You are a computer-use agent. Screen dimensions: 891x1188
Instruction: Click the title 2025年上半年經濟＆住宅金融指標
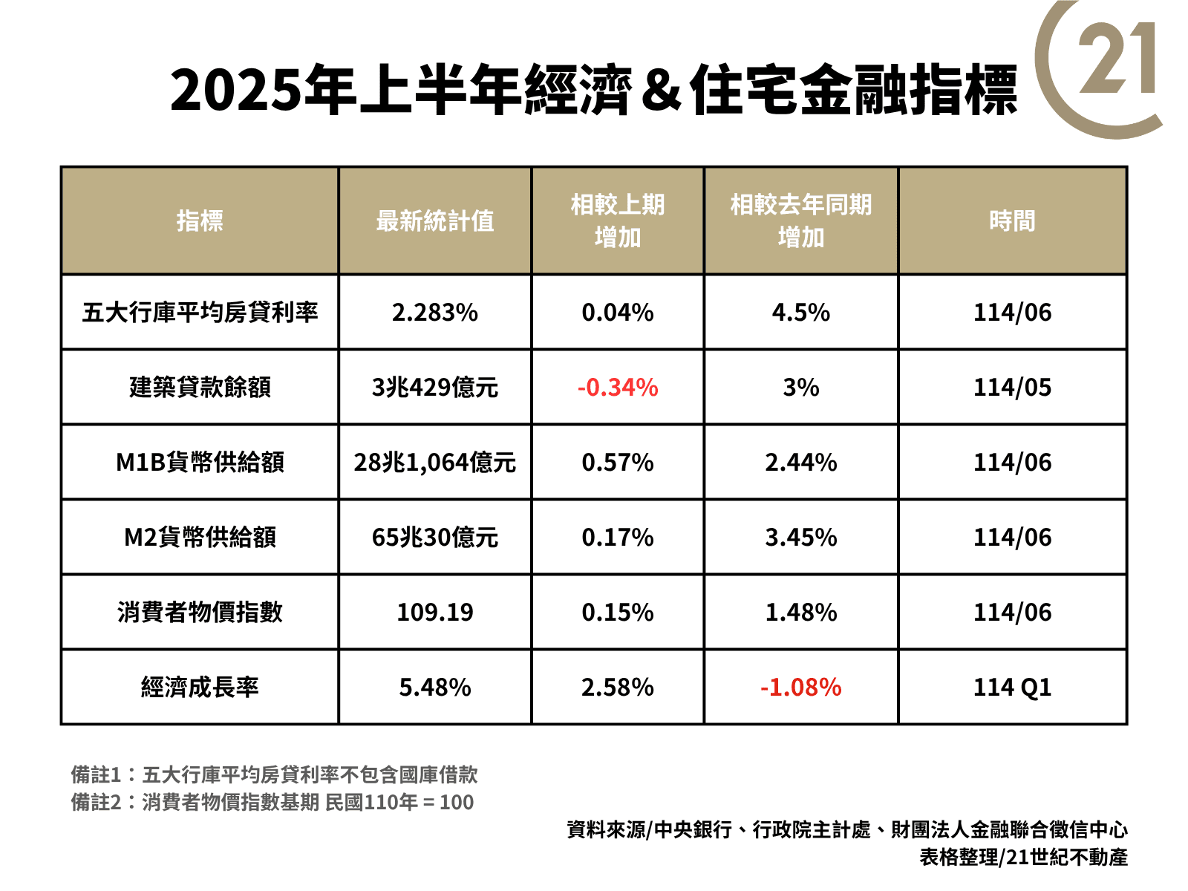(593, 90)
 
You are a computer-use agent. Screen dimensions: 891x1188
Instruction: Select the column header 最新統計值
(435, 221)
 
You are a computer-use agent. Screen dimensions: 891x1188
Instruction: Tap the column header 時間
(1012, 221)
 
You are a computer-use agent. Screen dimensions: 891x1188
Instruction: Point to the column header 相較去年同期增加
(801, 221)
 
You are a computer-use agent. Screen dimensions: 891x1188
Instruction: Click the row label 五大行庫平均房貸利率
(200, 313)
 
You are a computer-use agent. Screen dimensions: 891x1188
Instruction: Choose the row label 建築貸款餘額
(200, 388)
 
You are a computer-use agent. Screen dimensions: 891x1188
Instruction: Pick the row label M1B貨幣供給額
(200, 463)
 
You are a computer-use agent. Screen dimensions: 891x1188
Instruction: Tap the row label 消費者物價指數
(200, 613)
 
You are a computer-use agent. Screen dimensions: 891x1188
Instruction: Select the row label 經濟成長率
(200, 688)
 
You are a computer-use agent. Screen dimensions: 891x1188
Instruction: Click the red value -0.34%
(618, 388)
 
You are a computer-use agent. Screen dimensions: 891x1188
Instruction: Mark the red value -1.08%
(801, 688)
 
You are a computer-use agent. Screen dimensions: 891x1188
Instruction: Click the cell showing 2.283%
(435, 313)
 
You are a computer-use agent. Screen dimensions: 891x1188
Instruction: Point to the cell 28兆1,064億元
(435, 463)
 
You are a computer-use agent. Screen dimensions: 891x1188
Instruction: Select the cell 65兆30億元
(435, 538)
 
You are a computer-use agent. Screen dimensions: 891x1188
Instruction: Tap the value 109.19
(435, 613)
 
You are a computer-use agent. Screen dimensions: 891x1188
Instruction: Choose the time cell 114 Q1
(1012, 688)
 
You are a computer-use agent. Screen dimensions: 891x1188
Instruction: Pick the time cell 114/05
(1012, 388)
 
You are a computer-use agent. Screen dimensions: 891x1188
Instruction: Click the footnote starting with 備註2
(272, 803)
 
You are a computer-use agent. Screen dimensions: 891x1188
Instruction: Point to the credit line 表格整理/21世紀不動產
(1023, 858)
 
